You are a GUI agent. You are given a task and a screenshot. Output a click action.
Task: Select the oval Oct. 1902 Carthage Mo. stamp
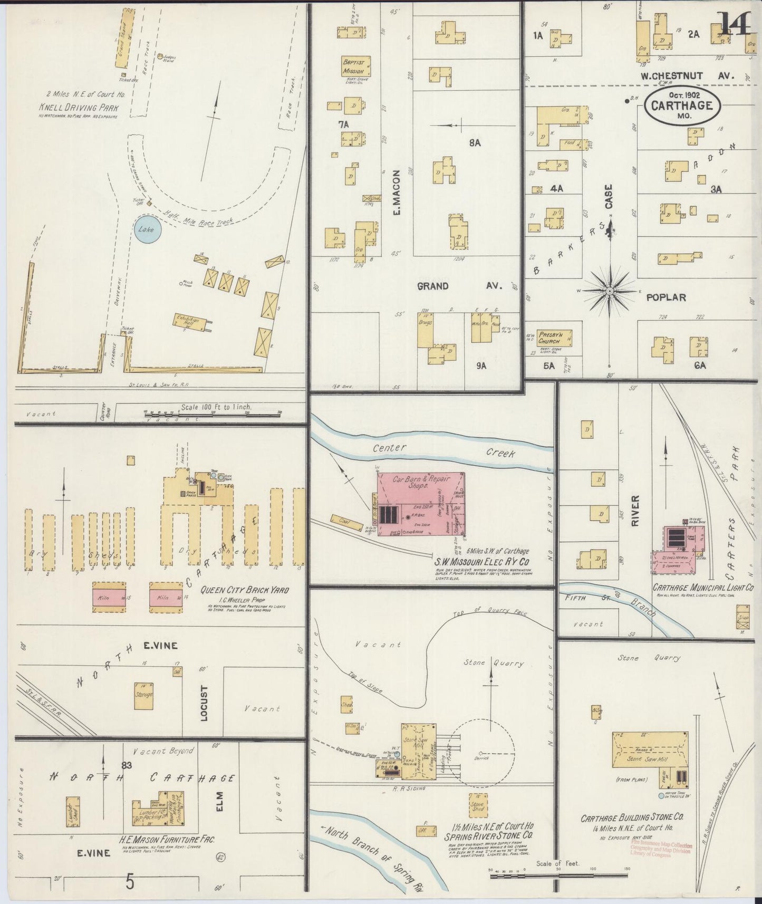pos(681,104)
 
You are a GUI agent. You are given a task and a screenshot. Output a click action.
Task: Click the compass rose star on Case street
pos(610,291)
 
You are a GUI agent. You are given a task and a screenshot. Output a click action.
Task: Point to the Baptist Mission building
pos(354,67)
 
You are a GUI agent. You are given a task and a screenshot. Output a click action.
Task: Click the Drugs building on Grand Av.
pos(426,332)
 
